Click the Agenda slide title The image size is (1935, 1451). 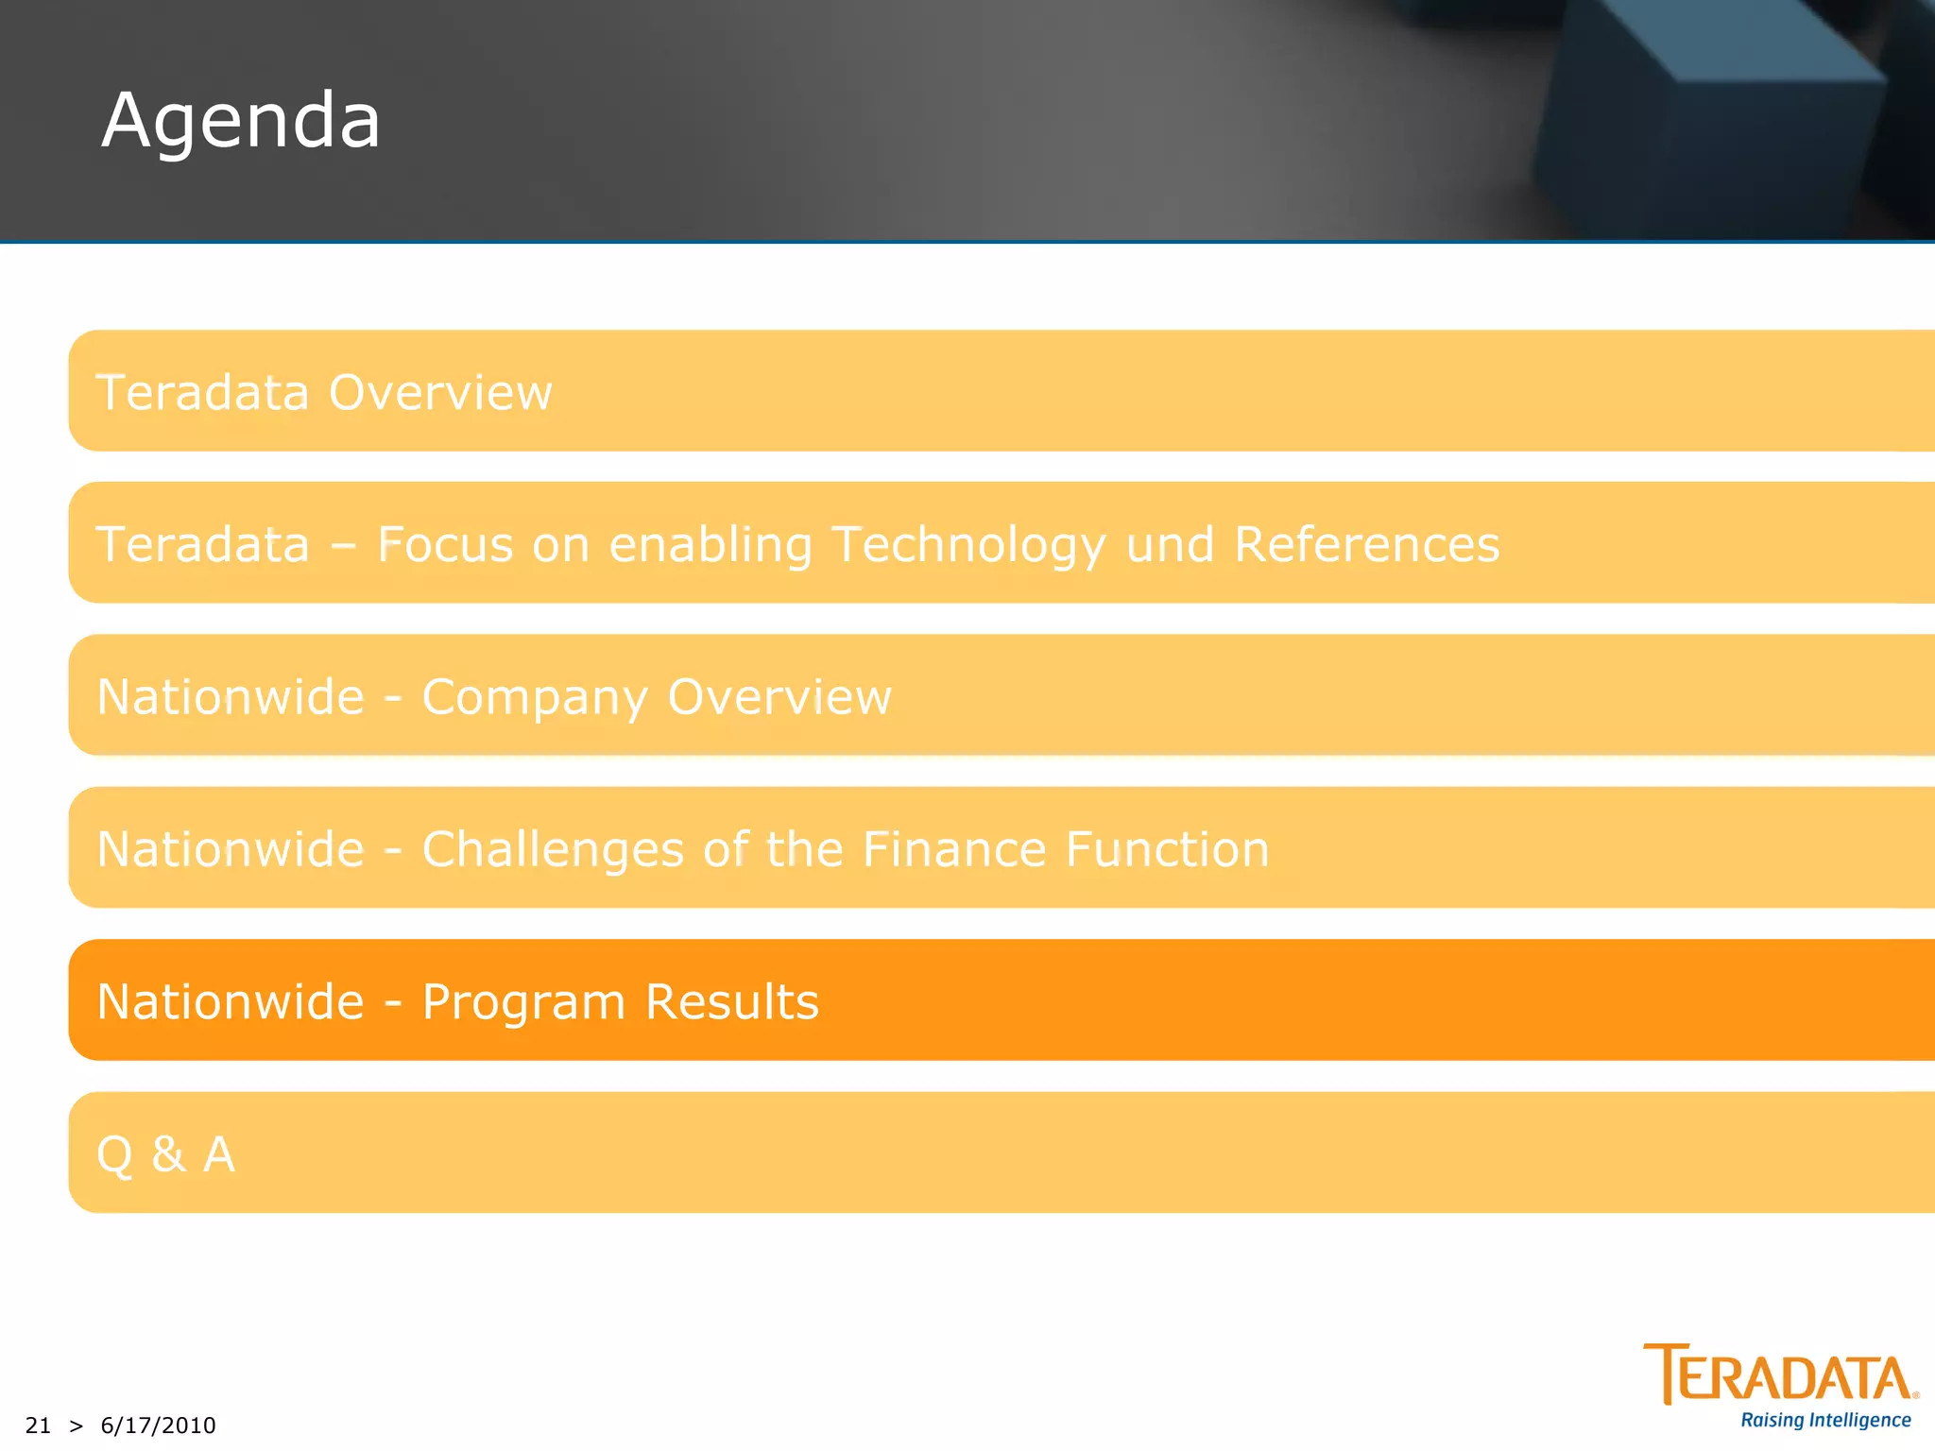click(241, 121)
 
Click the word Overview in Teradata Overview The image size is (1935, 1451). click(440, 392)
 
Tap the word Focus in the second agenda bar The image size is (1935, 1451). click(445, 544)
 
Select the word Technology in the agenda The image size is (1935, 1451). click(968, 546)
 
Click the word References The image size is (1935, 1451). click(1366, 544)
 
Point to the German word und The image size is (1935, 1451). click(1170, 545)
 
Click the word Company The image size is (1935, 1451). click(534, 698)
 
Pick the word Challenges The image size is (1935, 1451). click(553, 849)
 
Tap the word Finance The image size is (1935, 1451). click(954, 848)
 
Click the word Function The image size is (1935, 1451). click(1168, 848)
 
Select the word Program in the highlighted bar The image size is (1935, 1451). click(523, 1002)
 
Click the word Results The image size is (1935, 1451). click(732, 1001)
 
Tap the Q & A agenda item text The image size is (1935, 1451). click(166, 1154)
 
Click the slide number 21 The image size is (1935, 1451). click(38, 1425)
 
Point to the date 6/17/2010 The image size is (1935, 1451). click(158, 1425)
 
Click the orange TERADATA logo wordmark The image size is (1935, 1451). click(1780, 1374)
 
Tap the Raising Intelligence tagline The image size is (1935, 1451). click(1825, 1421)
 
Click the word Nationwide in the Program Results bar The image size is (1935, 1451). click(231, 1001)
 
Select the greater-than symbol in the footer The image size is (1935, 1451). click(77, 1425)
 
